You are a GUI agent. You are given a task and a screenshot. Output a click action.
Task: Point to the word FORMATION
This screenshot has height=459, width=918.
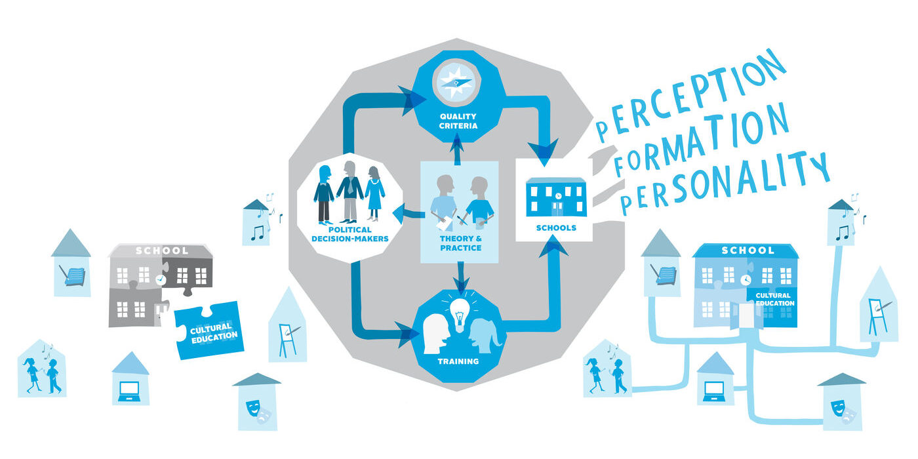702,139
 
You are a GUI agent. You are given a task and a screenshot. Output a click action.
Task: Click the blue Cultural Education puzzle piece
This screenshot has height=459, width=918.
209,330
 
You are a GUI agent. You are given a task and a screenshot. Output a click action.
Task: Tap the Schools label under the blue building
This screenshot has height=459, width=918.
556,228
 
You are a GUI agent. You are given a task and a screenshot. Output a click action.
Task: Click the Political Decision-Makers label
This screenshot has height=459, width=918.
350,235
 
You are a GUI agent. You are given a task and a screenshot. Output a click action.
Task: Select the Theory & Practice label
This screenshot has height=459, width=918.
460,243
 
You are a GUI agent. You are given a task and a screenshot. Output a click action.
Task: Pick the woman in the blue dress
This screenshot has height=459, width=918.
374,193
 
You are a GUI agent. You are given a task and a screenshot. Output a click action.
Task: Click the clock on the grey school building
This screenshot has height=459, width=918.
161,279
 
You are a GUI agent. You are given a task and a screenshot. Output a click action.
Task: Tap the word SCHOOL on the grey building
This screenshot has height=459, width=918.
162,250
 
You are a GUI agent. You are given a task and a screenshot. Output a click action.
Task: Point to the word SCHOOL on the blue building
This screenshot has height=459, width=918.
748,250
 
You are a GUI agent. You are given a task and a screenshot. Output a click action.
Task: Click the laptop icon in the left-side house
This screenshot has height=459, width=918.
129,391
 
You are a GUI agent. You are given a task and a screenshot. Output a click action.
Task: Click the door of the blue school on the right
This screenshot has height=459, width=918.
746,315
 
